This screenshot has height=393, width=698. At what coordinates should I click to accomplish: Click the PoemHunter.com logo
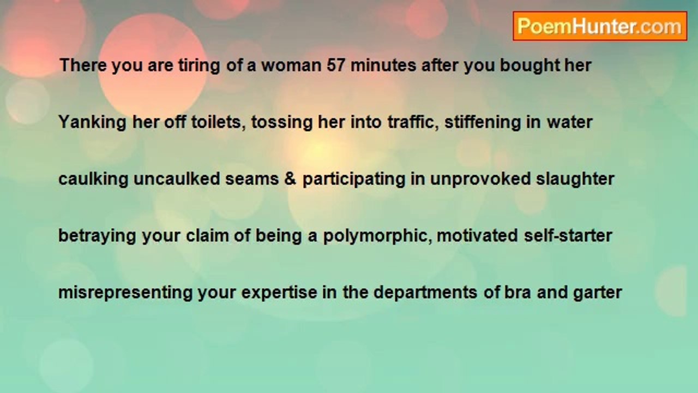click(x=600, y=26)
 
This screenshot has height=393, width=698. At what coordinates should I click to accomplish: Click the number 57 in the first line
click(x=335, y=65)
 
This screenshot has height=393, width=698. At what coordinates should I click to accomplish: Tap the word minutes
click(x=383, y=65)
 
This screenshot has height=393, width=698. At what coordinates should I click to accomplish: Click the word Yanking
click(x=93, y=123)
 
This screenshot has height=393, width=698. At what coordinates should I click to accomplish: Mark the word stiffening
click(x=483, y=123)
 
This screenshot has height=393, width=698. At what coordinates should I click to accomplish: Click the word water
click(x=570, y=123)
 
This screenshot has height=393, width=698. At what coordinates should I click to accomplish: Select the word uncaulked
click(x=177, y=178)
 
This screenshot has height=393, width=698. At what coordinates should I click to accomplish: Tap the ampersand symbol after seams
click(x=290, y=178)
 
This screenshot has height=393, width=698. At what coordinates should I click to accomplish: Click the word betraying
click(x=97, y=236)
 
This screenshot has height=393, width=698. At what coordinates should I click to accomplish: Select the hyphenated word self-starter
click(x=568, y=235)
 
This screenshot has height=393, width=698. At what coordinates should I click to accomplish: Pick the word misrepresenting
click(x=125, y=293)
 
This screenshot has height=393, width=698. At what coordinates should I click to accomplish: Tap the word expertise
click(x=279, y=293)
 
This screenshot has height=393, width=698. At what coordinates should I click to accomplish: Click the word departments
click(x=425, y=293)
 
